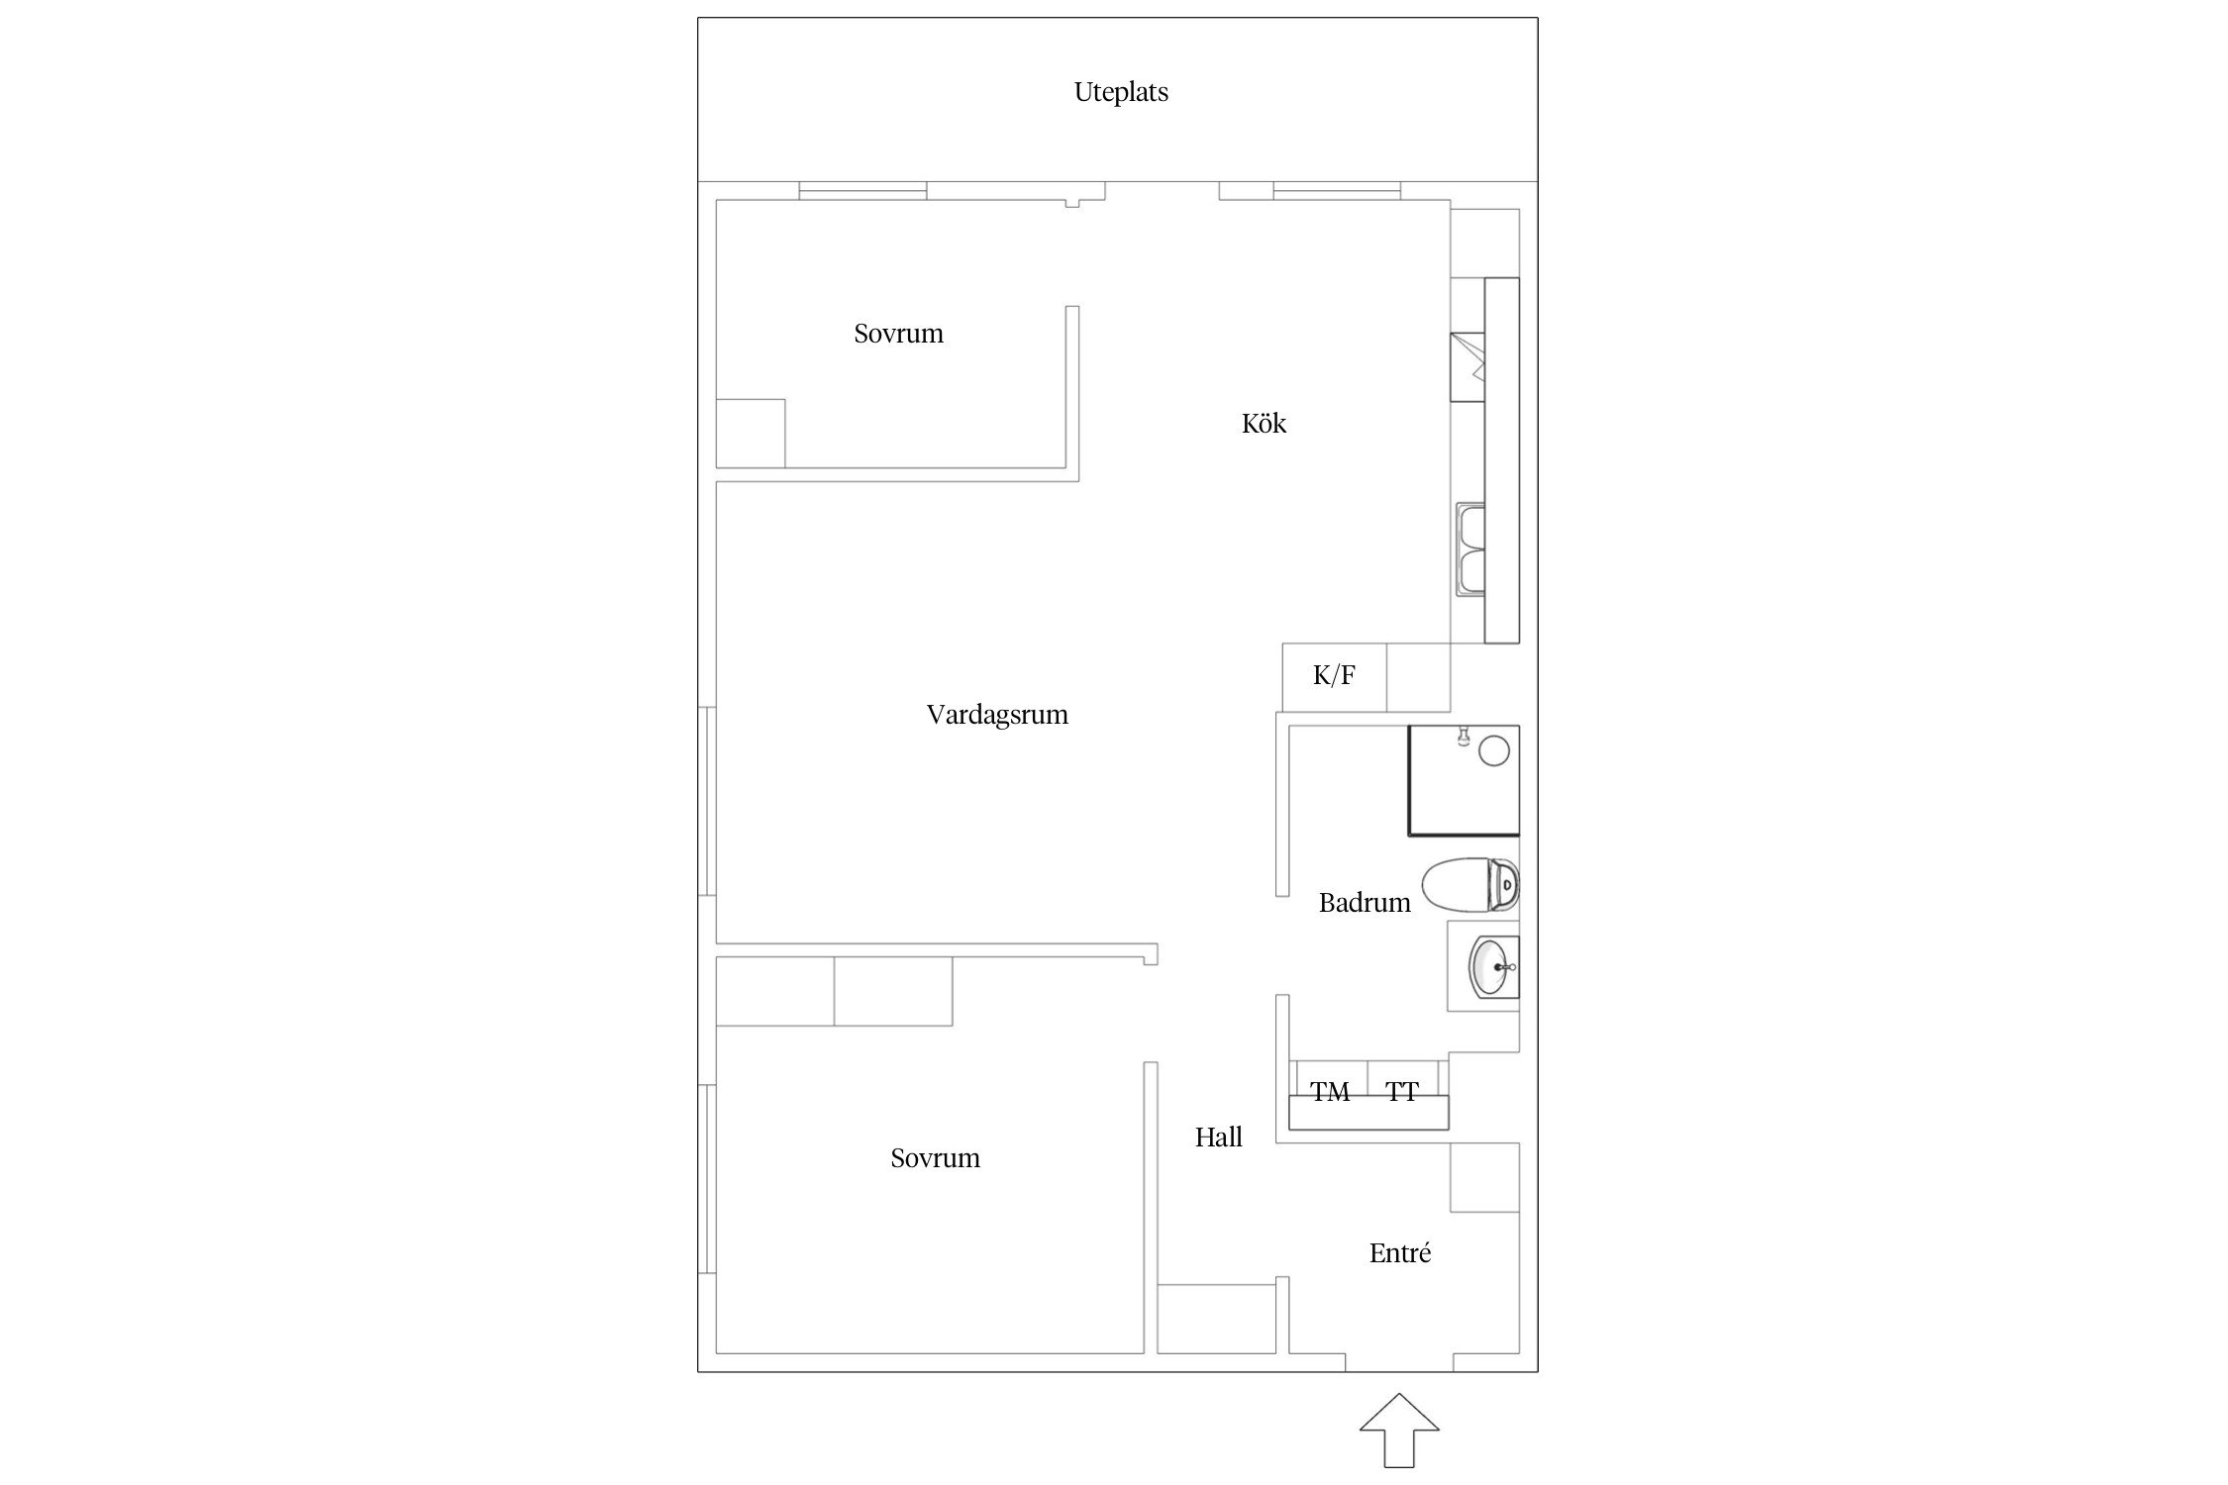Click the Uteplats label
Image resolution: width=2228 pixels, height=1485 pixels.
click(x=1121, y=92)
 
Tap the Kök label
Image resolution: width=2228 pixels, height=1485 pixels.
click(x=1264, y=424)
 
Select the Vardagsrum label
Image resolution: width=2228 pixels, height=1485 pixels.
click(x=997, y=715)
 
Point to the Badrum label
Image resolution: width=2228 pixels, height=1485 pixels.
click(x=1365, y=903)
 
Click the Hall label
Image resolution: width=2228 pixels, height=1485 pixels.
click(x=1218, y=1138)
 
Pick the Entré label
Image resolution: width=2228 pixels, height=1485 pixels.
click(x=1400, y=1253)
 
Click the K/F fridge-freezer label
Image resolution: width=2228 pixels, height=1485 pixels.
click(x=1334, y=675)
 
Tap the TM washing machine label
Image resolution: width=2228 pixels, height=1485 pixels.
click(x=1330, y=1092)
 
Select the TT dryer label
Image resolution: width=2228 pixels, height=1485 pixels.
click(x=1402, y=1092)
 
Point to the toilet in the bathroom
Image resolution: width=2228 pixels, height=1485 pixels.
click(x=1470, y=885)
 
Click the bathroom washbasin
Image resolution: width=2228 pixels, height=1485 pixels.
click(x=1493, y=966)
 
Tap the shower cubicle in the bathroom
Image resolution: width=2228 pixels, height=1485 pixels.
click(x=1464, y=780)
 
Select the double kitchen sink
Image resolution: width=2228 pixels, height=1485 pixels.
click(x=1469, y=549)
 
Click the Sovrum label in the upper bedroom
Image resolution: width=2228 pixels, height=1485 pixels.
click(x=898, y=334)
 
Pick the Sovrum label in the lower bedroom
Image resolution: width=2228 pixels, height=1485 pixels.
click(x=935, y=1158)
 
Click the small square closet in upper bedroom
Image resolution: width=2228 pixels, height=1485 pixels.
click(x=751, y=434)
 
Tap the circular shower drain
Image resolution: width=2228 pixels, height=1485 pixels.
click(x=1493, y=751)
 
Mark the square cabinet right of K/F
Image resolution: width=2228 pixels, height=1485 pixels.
click(x=1418, y=677)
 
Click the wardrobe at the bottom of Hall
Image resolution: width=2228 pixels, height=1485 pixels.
click(x=1217, y=1319)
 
